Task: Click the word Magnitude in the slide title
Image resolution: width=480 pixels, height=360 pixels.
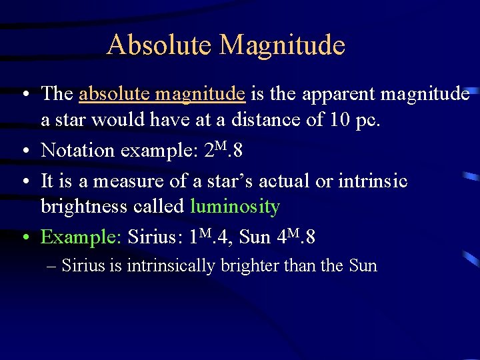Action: [x=283, y=45]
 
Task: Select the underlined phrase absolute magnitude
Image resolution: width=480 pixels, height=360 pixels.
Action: [x=162, y=94]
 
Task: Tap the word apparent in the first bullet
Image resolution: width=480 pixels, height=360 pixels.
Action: [x=339, y=94]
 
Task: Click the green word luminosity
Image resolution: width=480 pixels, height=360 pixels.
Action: [x=235, y=207]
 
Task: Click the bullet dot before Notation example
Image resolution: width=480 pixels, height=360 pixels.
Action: [x=24, y=151]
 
